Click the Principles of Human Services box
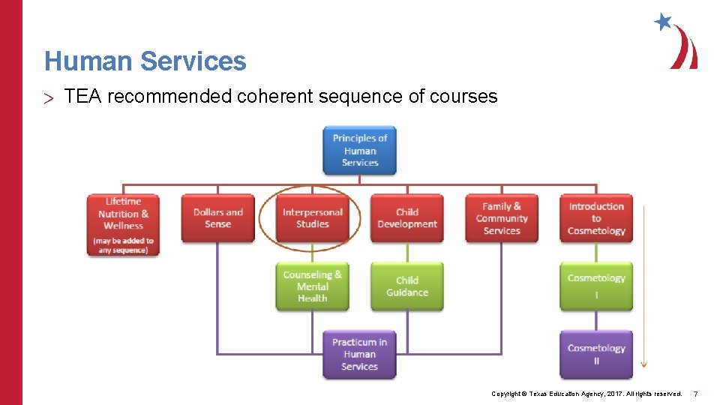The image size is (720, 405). click(359, 150)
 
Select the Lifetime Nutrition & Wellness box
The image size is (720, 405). click(123, 225)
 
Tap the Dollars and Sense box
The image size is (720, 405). click(217, 218)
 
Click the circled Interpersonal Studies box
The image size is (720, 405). click(312, 218)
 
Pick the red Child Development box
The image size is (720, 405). click(406, 218)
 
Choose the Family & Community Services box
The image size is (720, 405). click(501, 218)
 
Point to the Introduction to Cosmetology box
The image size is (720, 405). click(596, 218)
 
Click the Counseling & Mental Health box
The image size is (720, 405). click(312, 286)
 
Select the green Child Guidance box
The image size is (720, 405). click(406, 286)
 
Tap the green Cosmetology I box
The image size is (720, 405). click(596, 286)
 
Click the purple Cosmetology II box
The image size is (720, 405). click(596, 355)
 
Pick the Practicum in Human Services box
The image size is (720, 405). click(359, 355)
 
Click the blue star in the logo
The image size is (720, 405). click(663, 21)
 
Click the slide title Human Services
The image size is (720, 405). click(145, 61)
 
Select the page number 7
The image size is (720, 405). click(695, 394)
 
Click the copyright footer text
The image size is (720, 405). click(586, 394)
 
